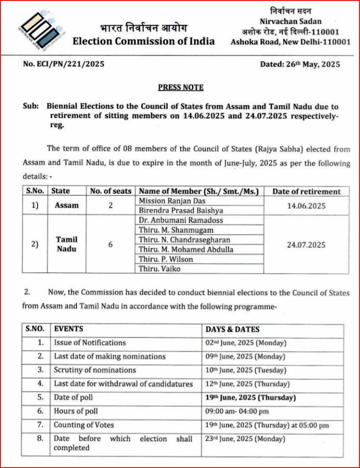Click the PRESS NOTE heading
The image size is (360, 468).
181,87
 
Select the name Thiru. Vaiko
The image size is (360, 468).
160,269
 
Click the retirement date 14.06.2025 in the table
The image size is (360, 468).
306,206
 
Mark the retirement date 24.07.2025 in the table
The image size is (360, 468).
306,245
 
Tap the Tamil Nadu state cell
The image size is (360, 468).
67,244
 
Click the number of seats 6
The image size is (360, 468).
111,245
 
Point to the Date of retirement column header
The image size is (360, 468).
306,191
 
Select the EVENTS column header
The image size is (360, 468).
69,329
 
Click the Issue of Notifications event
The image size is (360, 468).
90,342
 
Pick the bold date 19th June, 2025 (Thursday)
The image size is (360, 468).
251,397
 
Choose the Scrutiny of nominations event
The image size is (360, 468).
95,370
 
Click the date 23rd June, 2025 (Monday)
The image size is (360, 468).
245,439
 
